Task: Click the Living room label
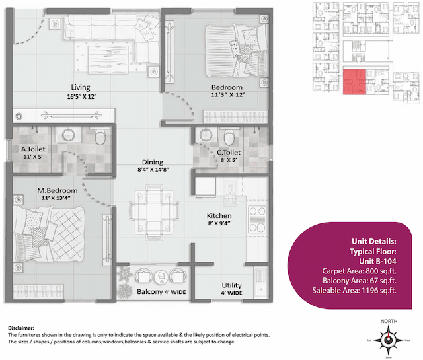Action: pos(81,87)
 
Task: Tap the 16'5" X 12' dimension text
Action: pos(81,96)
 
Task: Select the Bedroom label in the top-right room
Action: pos(227,87)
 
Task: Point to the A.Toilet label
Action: pos(32,149)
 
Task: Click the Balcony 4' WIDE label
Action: pos(161,291)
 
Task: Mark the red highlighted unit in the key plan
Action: pos(354,83)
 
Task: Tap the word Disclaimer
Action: pos(25,328)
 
